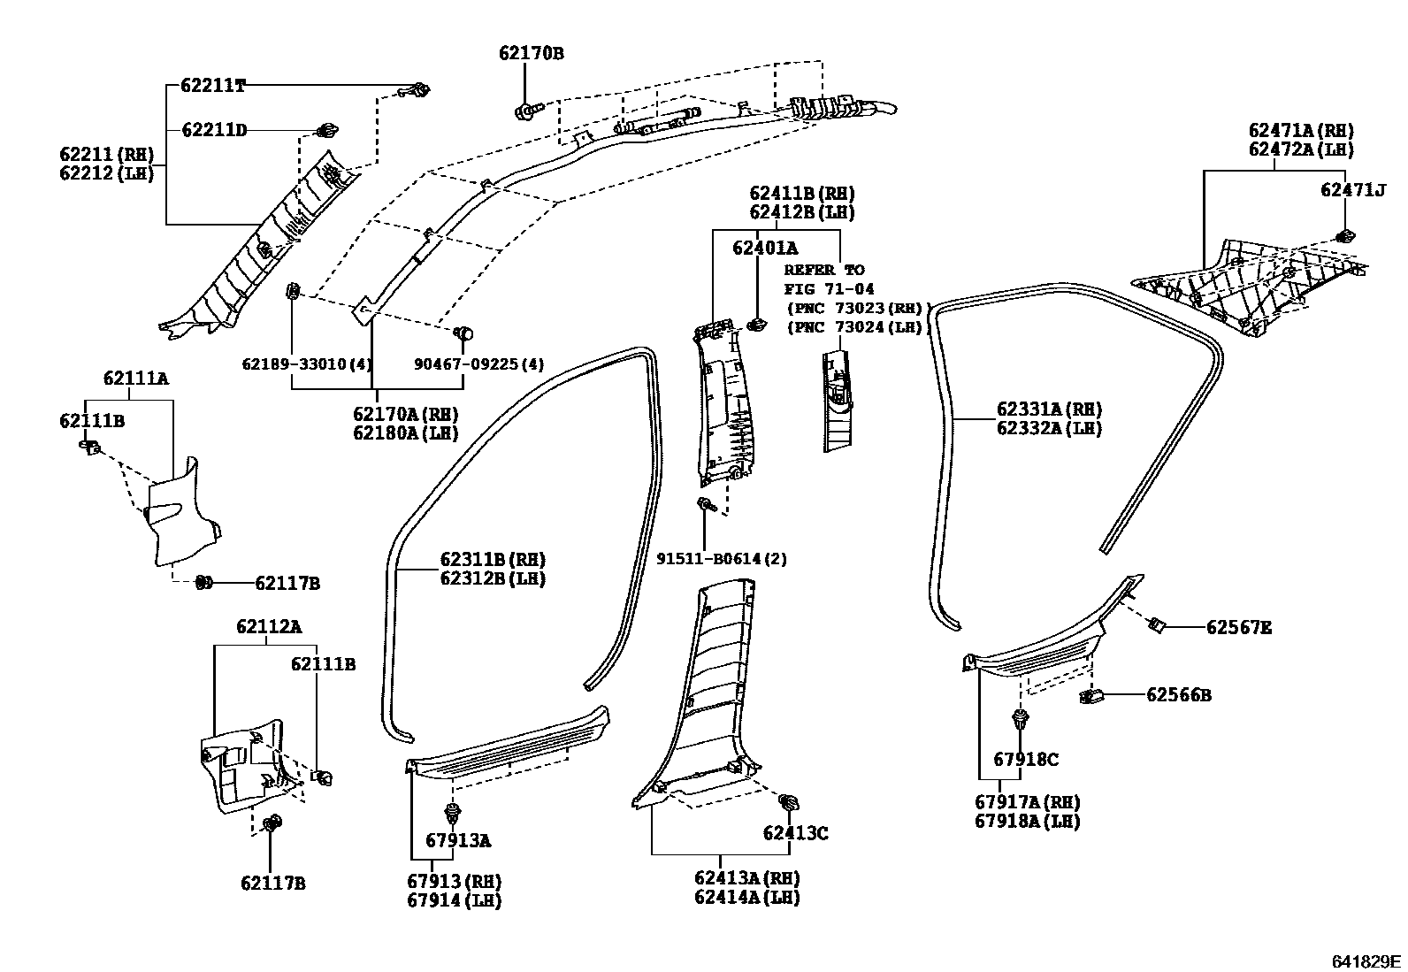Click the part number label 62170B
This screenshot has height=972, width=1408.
tap(531, 53)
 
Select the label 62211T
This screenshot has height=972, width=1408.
tap(212, 86)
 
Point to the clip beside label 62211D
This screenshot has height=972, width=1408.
tap(326, 132)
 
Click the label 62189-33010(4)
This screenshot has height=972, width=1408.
tap(306, 364)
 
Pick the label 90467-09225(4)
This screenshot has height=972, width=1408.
tap(478, 364)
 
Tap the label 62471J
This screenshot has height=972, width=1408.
tap(1353, 189)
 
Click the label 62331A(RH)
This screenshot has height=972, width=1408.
tap(1049, 409)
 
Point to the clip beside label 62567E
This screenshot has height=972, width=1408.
tap(1156, 626)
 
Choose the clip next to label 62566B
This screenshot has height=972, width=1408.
tap(1089, 696)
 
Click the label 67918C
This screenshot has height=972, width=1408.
tap(1025, 759)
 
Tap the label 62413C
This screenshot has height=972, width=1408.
tap(795, 833)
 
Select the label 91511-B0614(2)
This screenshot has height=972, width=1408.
tap(721, 559)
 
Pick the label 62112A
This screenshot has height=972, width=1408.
tap(268, 627)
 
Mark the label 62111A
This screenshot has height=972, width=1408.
tap(135, 379)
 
